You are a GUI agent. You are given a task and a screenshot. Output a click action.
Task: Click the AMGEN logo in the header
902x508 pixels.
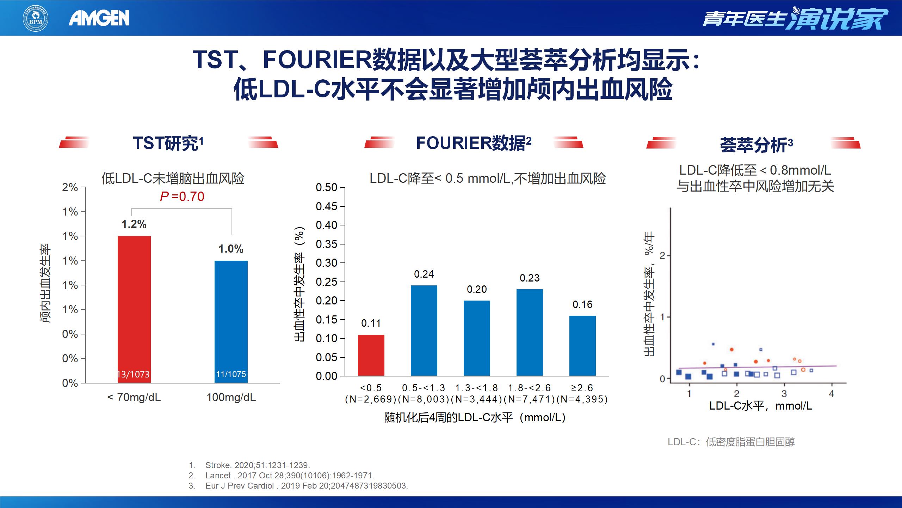pos(99,18)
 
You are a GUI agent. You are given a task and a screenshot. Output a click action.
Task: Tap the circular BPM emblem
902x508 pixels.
pos(36,18)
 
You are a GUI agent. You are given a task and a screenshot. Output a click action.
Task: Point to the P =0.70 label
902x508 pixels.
pos(182,196)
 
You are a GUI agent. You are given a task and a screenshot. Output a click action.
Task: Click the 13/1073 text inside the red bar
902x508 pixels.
pos(134,374)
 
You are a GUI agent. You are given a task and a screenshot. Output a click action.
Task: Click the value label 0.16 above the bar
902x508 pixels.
pos(582,304)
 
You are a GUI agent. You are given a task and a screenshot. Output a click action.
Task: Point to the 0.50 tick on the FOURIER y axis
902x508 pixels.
pos(327,187)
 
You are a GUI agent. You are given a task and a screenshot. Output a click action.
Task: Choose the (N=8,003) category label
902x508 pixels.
pos(424,399)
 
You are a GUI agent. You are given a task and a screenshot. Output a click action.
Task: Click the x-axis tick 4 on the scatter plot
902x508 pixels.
pos(832,394)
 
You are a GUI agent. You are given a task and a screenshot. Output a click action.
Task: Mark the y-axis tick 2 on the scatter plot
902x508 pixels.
pos(662,255)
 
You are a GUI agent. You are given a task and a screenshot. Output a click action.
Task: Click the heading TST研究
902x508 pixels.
pos(168,143)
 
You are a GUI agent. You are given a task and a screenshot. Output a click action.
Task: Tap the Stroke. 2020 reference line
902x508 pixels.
pos(258,465)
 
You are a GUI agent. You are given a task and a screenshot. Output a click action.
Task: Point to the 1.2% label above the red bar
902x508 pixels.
pos(134,224)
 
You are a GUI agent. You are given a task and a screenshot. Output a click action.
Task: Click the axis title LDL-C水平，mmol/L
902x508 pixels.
pos(760,406)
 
